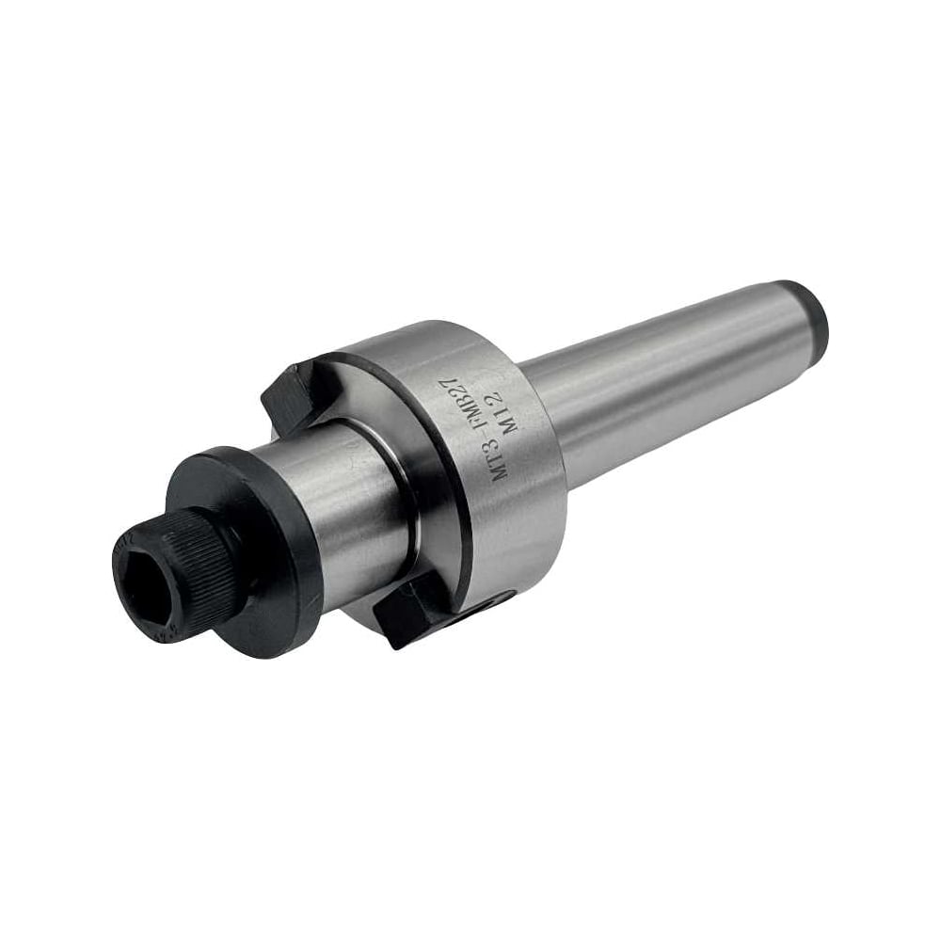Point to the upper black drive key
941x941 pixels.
(294, 395)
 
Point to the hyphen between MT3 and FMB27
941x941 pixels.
(481, 438)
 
